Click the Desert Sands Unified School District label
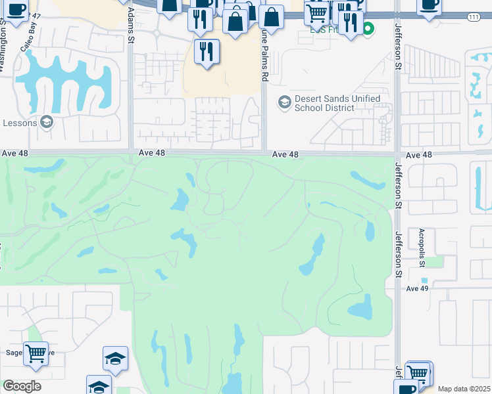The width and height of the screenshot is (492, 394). [x=337, y=103]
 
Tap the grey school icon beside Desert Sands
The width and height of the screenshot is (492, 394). [x=284, y=102]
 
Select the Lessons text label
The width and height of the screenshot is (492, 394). [x=20, y=123]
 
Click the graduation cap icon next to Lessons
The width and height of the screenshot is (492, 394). [x=46, y=121]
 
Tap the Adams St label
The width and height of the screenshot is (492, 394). [x=131, y=30]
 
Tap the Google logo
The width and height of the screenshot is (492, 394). [x=22, y=386]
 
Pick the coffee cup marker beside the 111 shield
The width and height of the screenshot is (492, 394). [x=430, y=5]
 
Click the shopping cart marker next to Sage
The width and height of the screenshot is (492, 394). [x=36, y=354]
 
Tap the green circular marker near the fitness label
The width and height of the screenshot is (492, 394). [x=368, y=28]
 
